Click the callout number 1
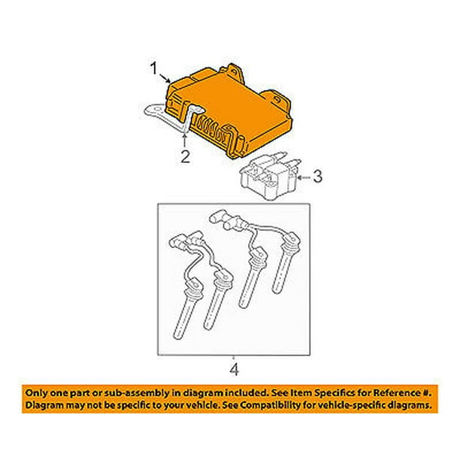click(154, 68)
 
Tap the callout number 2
click(186, 156)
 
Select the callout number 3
click(318, 177)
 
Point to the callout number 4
click(234, 370)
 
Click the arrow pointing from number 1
click(165, 78)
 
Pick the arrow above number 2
click(185, 140)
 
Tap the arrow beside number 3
click(304, 177)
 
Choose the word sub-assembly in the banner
click(120, 393)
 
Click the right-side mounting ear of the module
click(278, 100)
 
